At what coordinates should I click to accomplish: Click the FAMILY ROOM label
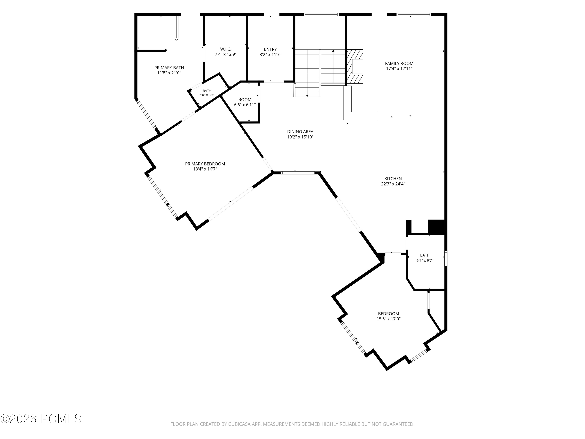tap(399, 63)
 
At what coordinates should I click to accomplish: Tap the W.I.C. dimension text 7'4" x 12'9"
tap(226, 54)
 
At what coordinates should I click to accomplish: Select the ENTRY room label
tap(270, 49)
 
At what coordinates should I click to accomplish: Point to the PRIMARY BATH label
tap(169, 68)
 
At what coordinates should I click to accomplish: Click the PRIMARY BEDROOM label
tap(205, 164)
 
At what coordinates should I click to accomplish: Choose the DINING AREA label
tap(300, 132)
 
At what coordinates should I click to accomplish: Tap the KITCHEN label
tap(393, 179)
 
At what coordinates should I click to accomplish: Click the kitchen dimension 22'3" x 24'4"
tap(393, 184)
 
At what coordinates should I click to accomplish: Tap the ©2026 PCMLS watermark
tap(41, 419)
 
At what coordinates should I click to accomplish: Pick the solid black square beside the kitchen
tap(437, 227)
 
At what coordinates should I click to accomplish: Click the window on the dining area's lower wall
tap(298, 173)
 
